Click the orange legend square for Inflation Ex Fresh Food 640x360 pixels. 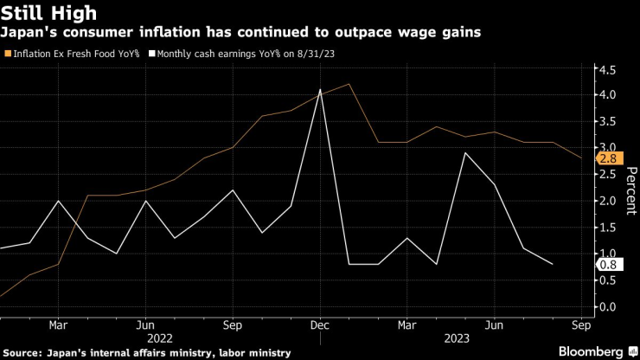(8, 54)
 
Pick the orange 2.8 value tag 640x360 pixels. (608, 159)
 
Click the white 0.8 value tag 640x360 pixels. (608, 265)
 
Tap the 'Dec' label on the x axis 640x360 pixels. (320, 325)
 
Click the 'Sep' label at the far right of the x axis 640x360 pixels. (582, 325)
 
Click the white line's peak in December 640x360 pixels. (320, 89)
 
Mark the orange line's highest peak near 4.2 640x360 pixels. (349, 84)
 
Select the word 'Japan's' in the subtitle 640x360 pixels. (28, 32)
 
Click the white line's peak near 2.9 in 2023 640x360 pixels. (465, 153)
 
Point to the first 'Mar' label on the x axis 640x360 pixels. (58, 325)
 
